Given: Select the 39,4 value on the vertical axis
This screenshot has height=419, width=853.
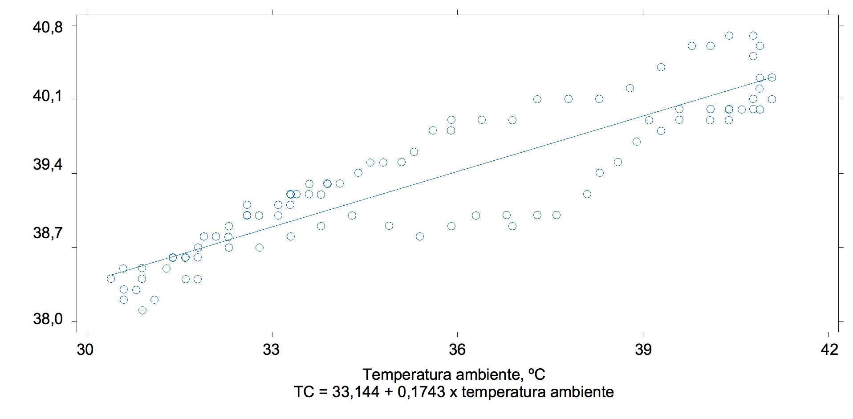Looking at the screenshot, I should pyautogui.click(x=48, y=165).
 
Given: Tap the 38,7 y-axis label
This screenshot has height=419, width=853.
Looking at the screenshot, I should pyautogui.click(x=48, y=233).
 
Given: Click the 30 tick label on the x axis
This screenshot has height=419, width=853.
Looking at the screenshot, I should pyautogui.click(x=85, y=350).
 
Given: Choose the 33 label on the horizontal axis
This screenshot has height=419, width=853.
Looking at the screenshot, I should pyautogui.click(x=272, y=350).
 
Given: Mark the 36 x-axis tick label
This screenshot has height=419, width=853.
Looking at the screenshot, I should pyautogui.click(x=457, y=350).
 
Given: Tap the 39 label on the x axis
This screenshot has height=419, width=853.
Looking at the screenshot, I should pyautogui.click(x=643, y=350).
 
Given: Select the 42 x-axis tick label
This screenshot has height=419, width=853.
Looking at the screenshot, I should pyautogui.click(x=829, y=350).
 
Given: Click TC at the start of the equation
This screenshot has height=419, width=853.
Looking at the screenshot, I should pyautogui.click(x=303, y=392).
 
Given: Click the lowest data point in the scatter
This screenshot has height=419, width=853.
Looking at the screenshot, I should pyautogui.click(x=142, y=310).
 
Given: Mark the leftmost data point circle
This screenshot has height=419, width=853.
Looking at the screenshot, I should pyautogui.click(x=111, y=279).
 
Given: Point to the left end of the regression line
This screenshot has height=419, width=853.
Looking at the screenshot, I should pyautogui.click(x=108, y=276).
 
